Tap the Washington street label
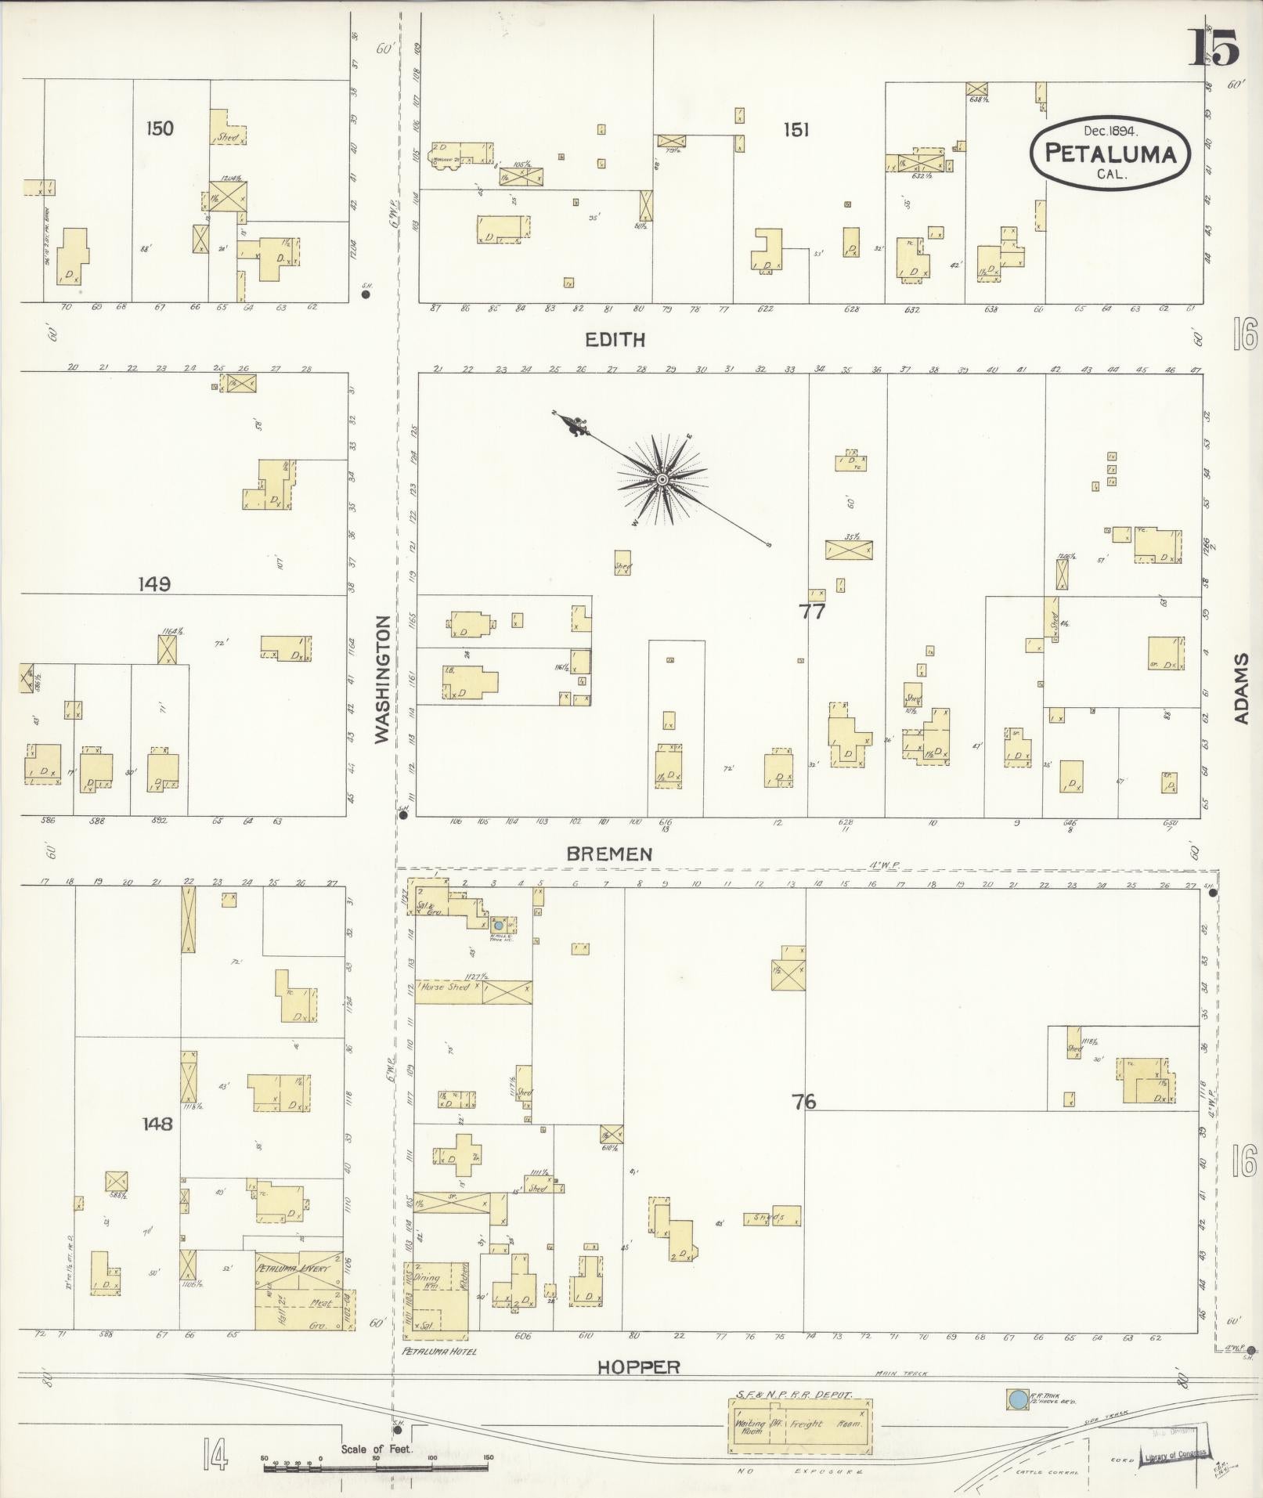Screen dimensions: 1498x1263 click(382, 679)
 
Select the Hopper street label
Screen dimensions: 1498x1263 click(638, 1367)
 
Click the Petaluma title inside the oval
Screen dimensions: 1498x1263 click(1110, 153)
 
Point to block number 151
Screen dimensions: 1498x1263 click(795, 130)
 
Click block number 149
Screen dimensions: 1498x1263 click(154, 583)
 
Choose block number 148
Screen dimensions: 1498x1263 click(157, 1124)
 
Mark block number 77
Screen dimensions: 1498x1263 click(812, 612)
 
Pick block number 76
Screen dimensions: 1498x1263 click(803, 1102)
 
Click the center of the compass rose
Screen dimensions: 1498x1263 click(662, 478)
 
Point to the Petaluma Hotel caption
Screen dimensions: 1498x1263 click(438, 1351)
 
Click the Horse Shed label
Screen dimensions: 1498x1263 click(445, 987)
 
